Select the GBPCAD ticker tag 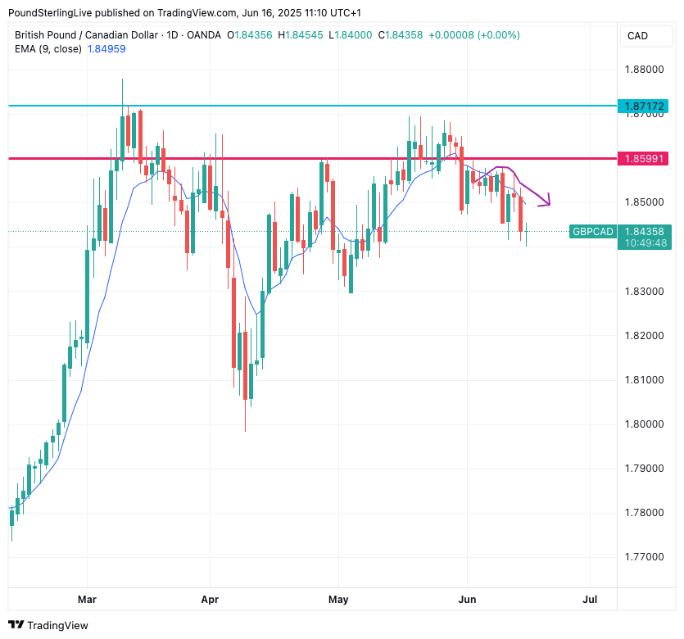(592, 232)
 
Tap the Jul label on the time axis (590, 600)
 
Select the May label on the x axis (338, 600)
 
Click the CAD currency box (637, 36)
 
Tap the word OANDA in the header (204, 35)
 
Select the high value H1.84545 (301, 35)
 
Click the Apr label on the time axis (211, 600)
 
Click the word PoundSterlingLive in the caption (48, 13)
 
